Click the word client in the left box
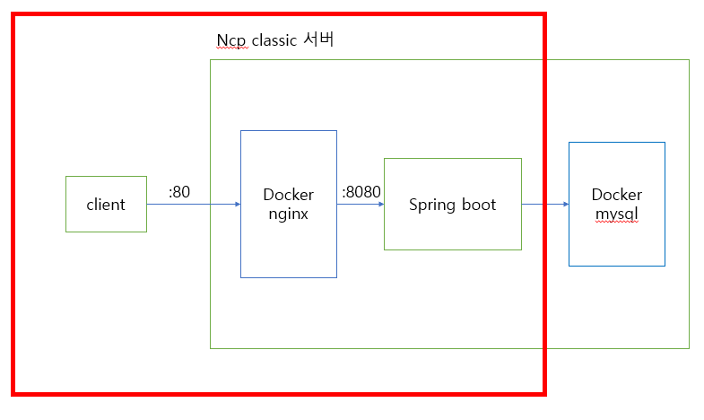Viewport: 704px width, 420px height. [106, 205]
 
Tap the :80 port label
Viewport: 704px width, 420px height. [179, 191]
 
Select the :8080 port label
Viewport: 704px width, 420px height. [361, 192]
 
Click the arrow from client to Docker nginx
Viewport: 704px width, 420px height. [193, 205]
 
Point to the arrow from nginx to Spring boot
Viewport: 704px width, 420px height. [360, 205]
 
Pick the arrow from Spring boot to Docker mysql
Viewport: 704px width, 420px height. [544, 205]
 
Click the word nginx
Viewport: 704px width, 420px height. [288, 214]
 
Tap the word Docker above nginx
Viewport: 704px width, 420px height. [288, 195]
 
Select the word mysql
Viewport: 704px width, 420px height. [616, 214]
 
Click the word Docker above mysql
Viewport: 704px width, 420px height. [616, 195]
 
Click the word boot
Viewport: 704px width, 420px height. [478, 205]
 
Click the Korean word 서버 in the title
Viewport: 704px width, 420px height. [319, 40]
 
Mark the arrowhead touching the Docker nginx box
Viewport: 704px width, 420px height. [237, 205]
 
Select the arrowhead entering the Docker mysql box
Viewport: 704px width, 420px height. [565, 205]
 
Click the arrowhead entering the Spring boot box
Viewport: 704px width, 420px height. [380, 205]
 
